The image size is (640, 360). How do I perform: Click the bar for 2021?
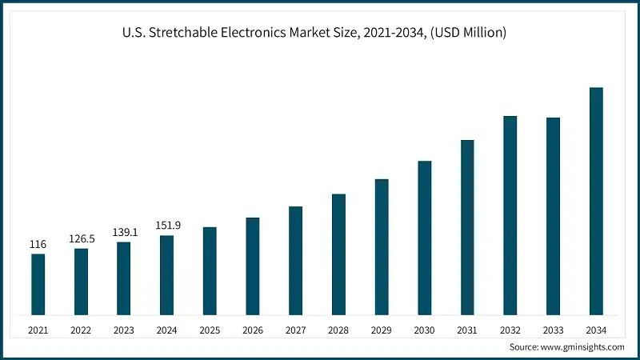point(38,284)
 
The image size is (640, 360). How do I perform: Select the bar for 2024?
point(166,274)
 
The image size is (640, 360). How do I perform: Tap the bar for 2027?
point(295,260)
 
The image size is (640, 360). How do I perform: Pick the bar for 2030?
point(424,238)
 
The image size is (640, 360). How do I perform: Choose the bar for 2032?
point(510,215)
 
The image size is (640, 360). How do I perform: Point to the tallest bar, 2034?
point(596,201)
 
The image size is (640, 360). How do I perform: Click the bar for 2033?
point(553,216)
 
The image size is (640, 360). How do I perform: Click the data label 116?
point(38,244)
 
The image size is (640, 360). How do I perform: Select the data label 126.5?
point(81,238)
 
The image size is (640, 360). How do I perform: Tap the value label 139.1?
point(124,232)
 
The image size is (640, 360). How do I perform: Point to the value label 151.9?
point(166,226)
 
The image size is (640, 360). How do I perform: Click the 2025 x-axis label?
point(210,330)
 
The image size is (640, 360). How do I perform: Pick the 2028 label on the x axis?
point(338,330)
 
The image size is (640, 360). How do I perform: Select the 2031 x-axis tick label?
point(467,330)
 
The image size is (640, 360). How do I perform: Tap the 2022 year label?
point(81,330)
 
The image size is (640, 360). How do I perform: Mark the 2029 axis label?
point(382,330)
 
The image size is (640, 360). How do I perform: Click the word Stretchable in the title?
point(181,33)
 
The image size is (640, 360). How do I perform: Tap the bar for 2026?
point(252,266)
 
